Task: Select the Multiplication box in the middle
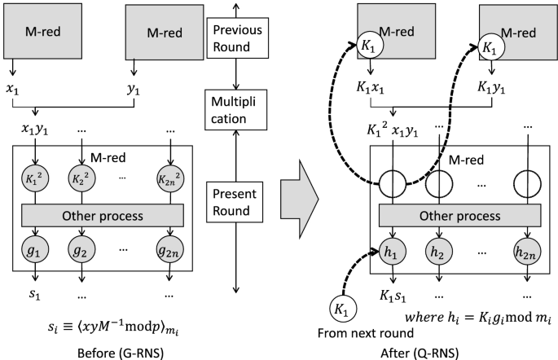click(235, 110)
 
